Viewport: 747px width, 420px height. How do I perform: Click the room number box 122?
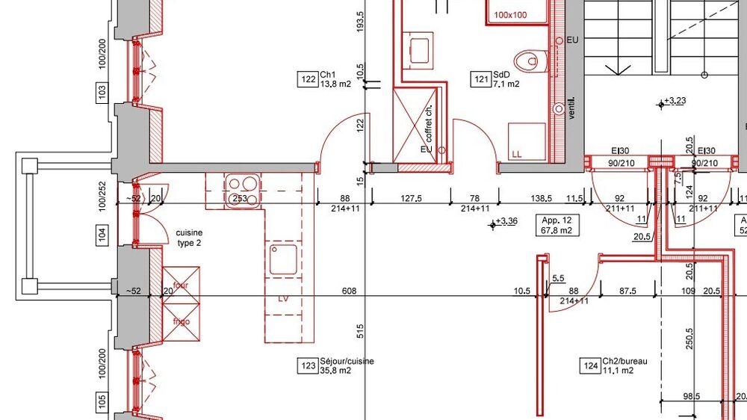point(309,79)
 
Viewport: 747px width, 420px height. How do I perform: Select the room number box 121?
point(481,79)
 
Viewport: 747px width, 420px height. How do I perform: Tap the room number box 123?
point(309,365)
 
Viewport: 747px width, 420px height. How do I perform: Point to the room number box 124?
point(590,365)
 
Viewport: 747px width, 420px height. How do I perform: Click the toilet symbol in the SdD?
point(532,61)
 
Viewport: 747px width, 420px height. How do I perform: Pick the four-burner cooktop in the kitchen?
point(243,191)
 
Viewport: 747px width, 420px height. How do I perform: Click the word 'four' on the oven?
point(181,285)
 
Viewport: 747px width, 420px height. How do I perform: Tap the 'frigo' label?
point(181,322)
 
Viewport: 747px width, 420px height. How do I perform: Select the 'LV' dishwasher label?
point(283,299)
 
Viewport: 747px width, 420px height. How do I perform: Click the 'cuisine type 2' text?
point(189,238)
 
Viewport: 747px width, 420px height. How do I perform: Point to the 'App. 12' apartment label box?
point(557,225)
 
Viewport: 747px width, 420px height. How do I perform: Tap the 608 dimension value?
point(349,291)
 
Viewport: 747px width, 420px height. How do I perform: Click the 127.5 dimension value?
point(411,198)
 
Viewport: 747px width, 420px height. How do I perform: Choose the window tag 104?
point(102,235)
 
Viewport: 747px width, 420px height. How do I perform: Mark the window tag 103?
point(102,92)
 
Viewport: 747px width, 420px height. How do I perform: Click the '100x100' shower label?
point(510,15)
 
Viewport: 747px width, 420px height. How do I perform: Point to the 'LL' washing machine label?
point(517,154)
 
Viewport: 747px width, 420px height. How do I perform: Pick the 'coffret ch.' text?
point(428,123)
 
